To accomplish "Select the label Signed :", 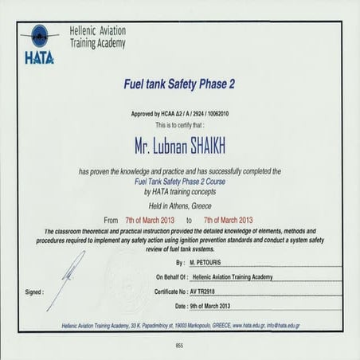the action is click(x=33, y=292).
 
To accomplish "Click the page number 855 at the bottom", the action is click(x=179, y=346).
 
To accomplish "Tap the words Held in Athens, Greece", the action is click(x=179, y=203).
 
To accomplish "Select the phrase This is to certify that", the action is click(x=179, y=125).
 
